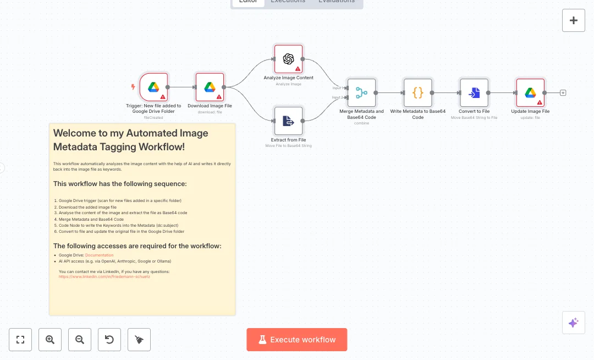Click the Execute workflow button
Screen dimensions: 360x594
(297, 340)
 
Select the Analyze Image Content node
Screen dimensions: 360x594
(288, 59)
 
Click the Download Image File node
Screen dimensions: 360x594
(210, 87)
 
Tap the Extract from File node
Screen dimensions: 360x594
(288, 121)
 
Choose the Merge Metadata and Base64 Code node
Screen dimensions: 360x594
(361, 92)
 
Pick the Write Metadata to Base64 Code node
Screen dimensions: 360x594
(418, 92)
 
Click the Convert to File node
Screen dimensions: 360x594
(474, 92)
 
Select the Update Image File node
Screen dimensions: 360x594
(530, 92)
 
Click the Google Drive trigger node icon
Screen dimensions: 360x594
(153, 87)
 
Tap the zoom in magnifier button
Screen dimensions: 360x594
(50, 340)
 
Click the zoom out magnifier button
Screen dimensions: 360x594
(80, 340)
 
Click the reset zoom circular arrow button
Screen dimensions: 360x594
(109, 340)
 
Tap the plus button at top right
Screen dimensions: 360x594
(574, 20)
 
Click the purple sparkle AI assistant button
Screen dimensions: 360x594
(574, 323)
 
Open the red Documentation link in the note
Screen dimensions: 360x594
(99, 255)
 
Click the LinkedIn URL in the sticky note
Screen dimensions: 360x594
(104, 277)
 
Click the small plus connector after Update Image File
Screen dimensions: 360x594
(563, 93)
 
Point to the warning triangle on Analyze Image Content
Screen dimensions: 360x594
(298, 69)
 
